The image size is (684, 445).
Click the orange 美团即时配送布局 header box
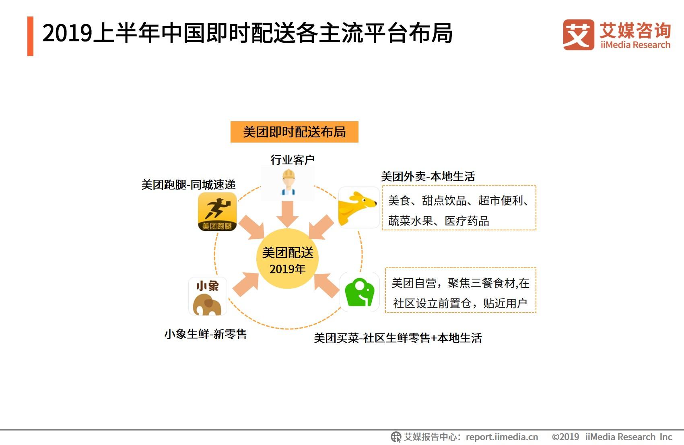tap(295, 132)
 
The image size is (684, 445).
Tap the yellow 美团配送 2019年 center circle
tap(287, 259)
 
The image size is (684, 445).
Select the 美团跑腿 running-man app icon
tap(217, 211)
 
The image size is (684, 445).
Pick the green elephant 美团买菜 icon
tap(359, 292)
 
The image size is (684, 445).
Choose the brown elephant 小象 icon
tap(208, 296)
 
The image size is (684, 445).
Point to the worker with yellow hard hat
tap(288, 182)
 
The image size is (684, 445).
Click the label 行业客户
tap(293, 159)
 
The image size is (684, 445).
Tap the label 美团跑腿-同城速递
tap(188, 184)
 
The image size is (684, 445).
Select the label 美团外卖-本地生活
tap(428, 176)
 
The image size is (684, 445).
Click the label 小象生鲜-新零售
tap(206, 334)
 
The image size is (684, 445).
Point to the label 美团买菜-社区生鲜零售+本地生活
tap(398, 338)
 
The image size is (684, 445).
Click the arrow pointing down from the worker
tap(287, 214)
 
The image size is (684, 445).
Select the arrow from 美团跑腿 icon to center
tap(252, 228)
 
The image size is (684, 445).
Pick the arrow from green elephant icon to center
tap(326, 286)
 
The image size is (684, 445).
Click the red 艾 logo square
tap(579, 35)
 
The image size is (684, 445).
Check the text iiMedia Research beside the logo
tap(635, 45)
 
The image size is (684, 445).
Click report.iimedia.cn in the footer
tap(502, 437)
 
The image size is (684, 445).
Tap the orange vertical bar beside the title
tap(30, 36)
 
